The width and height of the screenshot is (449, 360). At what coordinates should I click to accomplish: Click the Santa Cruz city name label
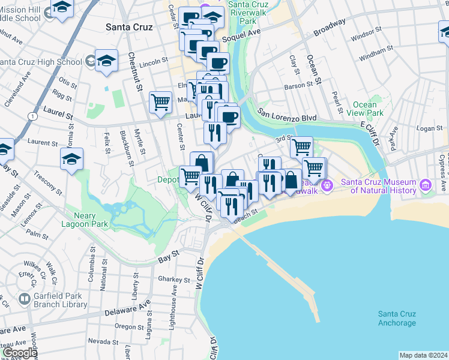128,27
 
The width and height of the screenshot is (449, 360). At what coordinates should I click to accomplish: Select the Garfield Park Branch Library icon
25,299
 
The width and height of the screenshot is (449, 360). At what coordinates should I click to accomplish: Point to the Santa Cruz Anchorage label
397,319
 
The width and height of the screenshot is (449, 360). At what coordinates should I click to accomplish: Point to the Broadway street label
330,28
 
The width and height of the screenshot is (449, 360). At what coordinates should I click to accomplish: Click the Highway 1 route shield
32,115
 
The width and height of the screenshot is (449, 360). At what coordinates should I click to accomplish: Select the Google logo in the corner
19,353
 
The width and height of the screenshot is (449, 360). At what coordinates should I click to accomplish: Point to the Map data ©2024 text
423,355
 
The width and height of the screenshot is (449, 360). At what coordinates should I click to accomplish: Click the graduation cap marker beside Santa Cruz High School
106,61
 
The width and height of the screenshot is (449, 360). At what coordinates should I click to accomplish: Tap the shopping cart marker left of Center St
160,101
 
